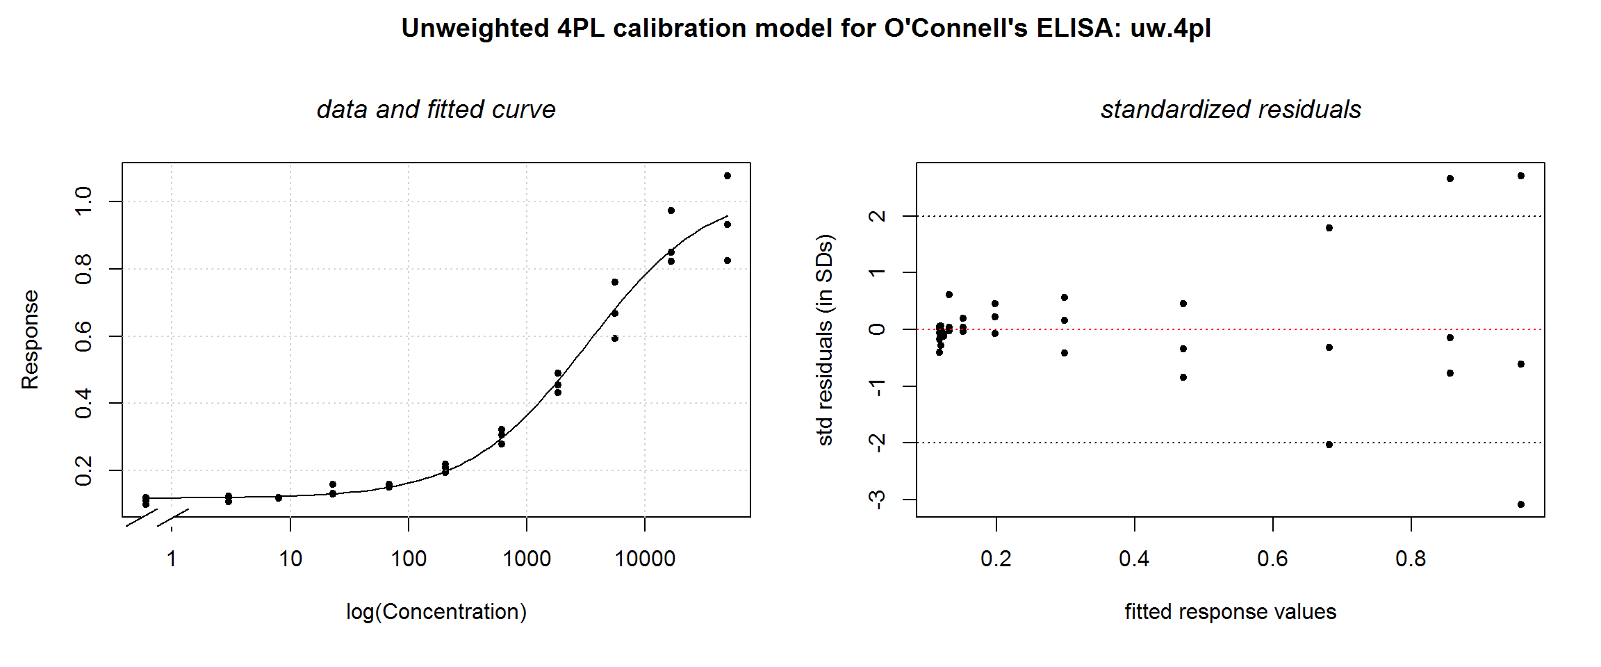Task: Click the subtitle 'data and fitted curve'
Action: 436,109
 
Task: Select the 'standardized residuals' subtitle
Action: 1231,109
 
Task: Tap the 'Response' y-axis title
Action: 30,340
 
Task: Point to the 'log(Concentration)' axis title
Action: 436,611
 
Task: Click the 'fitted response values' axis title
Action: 1231,611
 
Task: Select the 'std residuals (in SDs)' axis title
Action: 825,340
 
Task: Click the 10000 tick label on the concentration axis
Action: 645,559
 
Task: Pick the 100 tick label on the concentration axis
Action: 409,559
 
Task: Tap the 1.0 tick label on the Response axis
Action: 83,201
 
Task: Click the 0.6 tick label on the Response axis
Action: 83,336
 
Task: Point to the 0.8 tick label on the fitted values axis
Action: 1411,559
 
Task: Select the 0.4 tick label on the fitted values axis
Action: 1134,559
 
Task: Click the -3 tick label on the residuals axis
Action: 878,500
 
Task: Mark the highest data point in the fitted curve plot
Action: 728,176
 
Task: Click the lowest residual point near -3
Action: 1521,504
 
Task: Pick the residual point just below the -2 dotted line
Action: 1329,445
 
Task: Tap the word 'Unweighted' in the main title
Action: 475,28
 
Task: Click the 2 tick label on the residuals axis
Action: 878,216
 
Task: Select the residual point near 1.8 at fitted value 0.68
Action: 1329,228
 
